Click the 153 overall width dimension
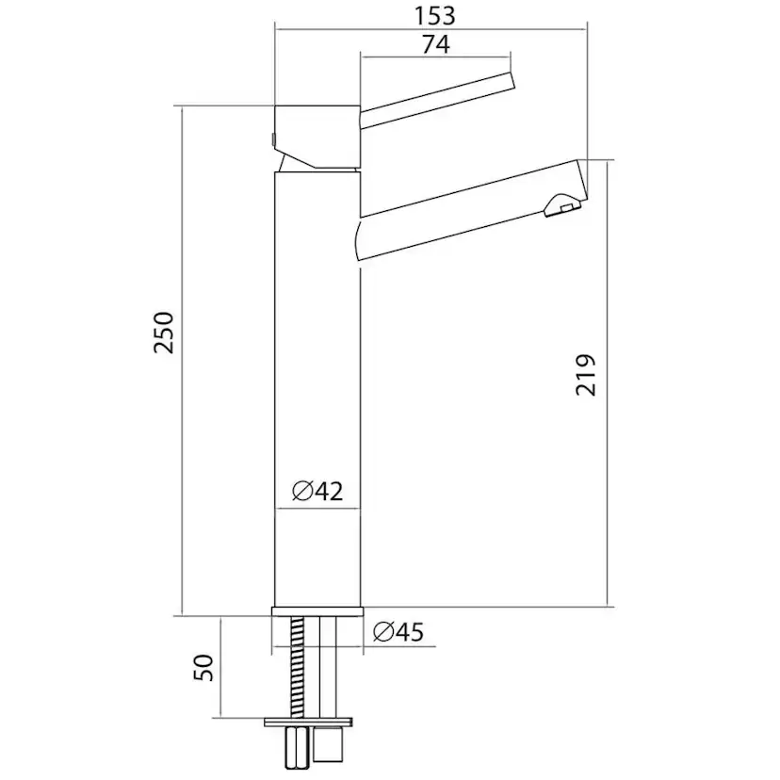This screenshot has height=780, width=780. [x=433, y=15]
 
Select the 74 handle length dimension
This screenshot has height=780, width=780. [x=434, y=43]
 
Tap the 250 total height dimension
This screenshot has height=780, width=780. [x=165, y=331]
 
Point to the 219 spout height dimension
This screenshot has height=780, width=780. [x=586, y=374]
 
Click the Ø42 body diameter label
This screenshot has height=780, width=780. [x=317, y=491]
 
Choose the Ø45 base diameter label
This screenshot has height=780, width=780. [x=397, y=632]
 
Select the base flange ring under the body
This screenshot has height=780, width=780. [x=317, y=612]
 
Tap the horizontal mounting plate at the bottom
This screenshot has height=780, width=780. [x=311, y=722]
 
